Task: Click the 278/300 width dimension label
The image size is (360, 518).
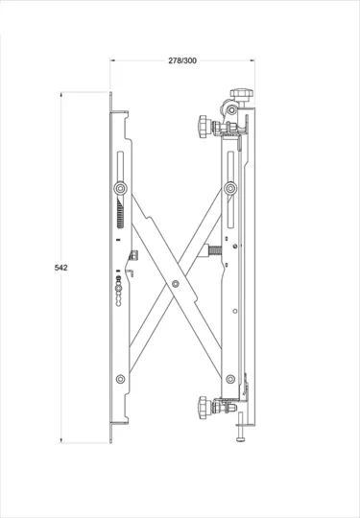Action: click(x=182, y=60)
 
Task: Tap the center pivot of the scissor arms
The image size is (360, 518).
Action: click(x=175, y=284)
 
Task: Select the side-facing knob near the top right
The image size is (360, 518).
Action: click(x=204, y=125)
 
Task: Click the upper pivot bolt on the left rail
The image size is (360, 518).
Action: click(x=121, y=187)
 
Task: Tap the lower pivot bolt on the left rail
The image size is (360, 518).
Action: click(x=121, y=379)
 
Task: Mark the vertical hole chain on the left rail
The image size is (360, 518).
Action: click(x=118, y=288)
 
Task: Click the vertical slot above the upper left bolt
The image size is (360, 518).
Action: click(x=121, y=163)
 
